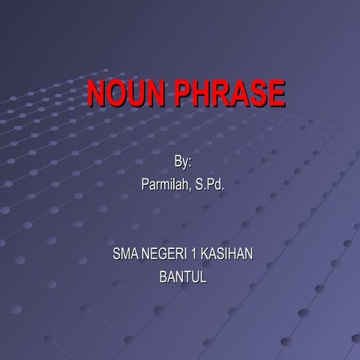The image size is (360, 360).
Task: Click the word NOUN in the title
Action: click(x=127, y=94)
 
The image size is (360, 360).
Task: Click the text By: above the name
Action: click(x=183, y=161)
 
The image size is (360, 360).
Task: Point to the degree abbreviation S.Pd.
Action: click(x=209, y=184)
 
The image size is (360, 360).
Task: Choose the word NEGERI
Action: click(x=167, y=254)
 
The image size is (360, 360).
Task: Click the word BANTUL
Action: click(x=183, y=277)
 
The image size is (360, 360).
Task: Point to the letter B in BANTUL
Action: click(x=163, y=277)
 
